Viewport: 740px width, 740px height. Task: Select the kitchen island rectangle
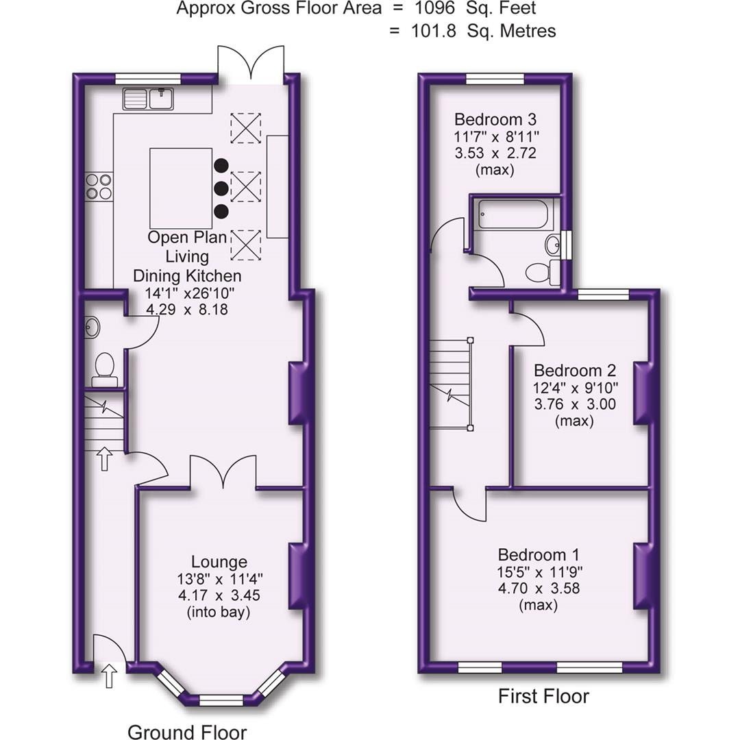[x=181, y=188]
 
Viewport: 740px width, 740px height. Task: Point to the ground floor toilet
[x=104, y=365]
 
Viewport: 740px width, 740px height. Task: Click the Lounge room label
[x=219, y=562]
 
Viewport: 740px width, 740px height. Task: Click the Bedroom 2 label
[x=574, y=371]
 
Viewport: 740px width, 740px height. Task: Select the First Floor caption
[x=543, y=697]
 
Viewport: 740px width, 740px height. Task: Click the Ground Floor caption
[x=187, y=732]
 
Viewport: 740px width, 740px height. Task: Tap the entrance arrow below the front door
[x=109, y=675]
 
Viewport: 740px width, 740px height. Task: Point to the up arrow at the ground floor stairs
[x=104, y=458]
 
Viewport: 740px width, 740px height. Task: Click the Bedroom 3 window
[x=495, y=78]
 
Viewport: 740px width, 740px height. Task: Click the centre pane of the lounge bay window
[x=221, y=700]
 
